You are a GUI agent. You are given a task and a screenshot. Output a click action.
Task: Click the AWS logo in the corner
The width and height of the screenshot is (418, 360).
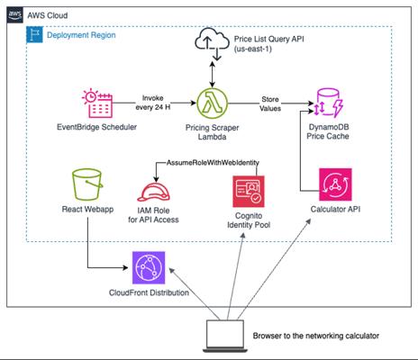pyautogui.click(x=14, y=15)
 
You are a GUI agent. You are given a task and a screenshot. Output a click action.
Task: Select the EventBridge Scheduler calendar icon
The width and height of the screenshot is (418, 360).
pyautogui.click(x=97, y=103)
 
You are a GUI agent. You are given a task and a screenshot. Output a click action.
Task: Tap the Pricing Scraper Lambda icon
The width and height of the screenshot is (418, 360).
pyautogui.click(x=213, y=103)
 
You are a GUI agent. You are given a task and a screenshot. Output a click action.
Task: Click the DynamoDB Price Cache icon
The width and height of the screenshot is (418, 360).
pyautogui.click(x=329, y=103)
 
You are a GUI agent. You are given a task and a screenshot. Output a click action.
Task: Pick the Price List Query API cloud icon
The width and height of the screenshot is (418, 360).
pyautogui.click(x=212, y=43)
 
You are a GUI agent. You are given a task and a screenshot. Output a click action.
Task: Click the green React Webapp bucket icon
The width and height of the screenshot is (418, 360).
pyautogui.click(x=87, y=184)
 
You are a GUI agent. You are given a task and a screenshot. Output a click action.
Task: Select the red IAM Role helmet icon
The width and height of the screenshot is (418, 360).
pyautogui.click(x=153, y=193)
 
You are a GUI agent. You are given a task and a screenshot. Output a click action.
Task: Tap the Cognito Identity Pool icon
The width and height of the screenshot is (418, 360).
pyautogui.click(x=249, y=192)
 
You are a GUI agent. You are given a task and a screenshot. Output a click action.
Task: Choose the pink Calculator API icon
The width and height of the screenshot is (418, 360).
pyautogui.click(x=335, y=184)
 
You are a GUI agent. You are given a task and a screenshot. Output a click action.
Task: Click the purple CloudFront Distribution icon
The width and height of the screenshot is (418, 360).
pyautogui.click(x=149, y=267)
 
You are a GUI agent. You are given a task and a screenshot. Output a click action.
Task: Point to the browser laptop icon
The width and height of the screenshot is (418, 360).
pyautogui.click(x=225, y=336)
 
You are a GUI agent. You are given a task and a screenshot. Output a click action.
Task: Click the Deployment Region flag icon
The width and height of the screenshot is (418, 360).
pyautogui.click(x=34, y=34)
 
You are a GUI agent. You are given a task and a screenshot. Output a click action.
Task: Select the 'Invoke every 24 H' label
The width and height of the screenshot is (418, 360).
pyautogui.click(x=153, y=103)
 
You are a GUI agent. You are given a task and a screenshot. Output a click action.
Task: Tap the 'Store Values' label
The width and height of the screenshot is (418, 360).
pyautogui.click(x=270, y=103)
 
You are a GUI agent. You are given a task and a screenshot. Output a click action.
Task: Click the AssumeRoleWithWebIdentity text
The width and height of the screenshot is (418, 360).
pyautogui.click(x=213, y=163)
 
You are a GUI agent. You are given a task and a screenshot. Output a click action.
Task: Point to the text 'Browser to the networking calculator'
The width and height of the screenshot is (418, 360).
pyautogui.click(x=316, y=336)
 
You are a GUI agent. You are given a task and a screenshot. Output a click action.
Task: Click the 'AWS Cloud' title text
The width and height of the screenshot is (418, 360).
pyautogui.click(x=48, y=15)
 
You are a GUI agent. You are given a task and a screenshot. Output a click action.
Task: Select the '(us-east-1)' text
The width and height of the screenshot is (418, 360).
pyautogui.click(x=253, y=49)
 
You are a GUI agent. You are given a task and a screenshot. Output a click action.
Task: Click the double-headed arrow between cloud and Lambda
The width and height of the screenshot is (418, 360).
pyautogui.click(x=213, y=75)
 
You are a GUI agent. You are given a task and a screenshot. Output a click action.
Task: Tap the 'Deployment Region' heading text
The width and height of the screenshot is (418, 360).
pyautogui.click(x=81, y=35)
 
